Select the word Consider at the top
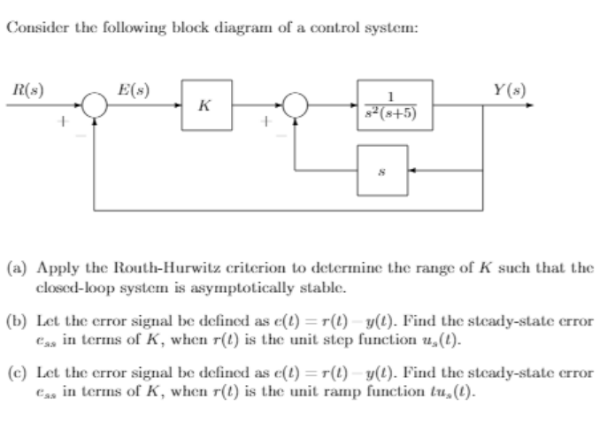coord(35,27)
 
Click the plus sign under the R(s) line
coord(61,126)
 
